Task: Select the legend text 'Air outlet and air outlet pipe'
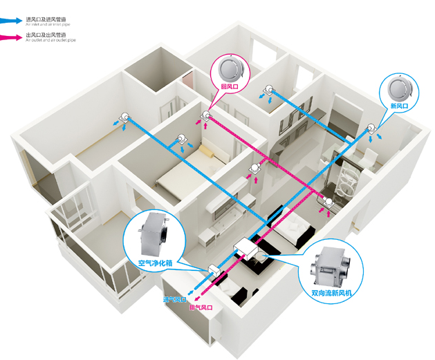pos(49,41)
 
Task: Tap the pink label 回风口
pos(229,87)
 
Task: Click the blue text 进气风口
pos(174,300)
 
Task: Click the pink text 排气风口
pos(201,307)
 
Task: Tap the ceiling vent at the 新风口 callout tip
pos(372,128)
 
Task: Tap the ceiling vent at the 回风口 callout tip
pos(205,115)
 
